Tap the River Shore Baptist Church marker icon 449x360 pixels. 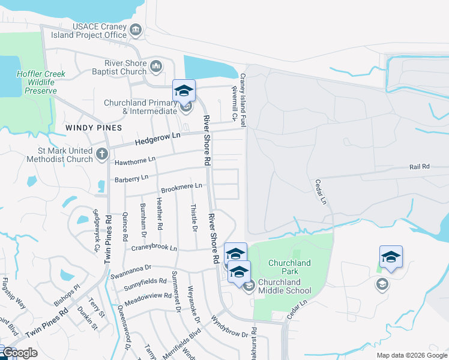(x=156, y=66)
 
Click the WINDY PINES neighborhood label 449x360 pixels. (x=94, y=128)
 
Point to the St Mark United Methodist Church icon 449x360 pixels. (x=102, y=154)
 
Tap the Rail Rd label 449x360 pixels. (x=420, y=166)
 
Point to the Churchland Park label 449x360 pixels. (x=289, y=267)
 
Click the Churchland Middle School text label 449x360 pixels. (x=285, y=287)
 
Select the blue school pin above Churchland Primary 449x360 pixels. (x=184, y=91)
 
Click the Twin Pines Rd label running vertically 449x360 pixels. (x=108, y=239)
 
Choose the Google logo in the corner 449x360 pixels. (x=19, y=353)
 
